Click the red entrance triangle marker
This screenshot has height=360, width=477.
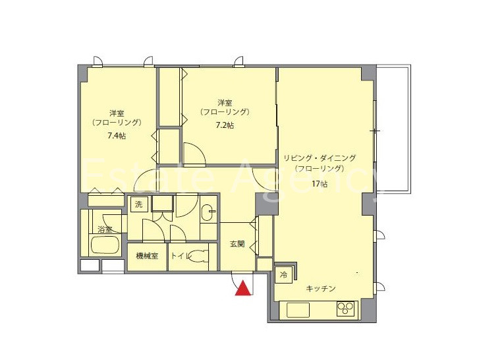pos(243,288)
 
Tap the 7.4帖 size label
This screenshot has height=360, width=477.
pos(117,136)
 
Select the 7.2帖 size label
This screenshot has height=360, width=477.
pos(225,125)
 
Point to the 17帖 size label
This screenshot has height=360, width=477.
pos(320,184)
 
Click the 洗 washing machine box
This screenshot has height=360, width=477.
pos(139,204)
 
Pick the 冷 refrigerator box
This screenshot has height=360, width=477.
pos(283,276)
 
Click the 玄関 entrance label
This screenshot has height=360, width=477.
pos(237,244)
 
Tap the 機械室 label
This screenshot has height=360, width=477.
pos(147,256)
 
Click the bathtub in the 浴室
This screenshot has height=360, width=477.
pos(105,245)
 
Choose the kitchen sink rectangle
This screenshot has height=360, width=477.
pos(298,310)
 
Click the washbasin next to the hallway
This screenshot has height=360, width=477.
pos(208,213)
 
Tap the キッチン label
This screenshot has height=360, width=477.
pos(321,288)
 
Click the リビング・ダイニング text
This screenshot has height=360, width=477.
pos(320,158)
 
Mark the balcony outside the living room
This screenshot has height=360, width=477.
pos(393,128)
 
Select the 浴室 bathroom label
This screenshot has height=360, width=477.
pos(105,229)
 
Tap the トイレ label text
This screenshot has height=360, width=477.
pos(179,256)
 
